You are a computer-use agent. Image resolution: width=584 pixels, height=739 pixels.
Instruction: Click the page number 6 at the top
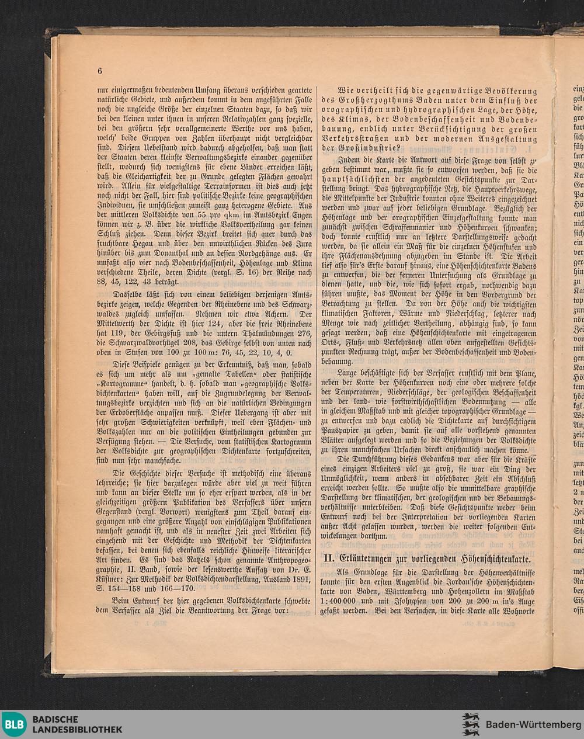[x=100, y=71]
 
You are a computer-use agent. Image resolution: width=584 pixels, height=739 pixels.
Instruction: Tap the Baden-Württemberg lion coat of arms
[x=471, y=724]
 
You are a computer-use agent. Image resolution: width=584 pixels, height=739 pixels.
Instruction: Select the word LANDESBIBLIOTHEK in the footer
[x=77, y=730]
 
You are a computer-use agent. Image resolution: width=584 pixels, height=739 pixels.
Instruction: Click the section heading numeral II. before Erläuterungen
[x=329, y=558]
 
